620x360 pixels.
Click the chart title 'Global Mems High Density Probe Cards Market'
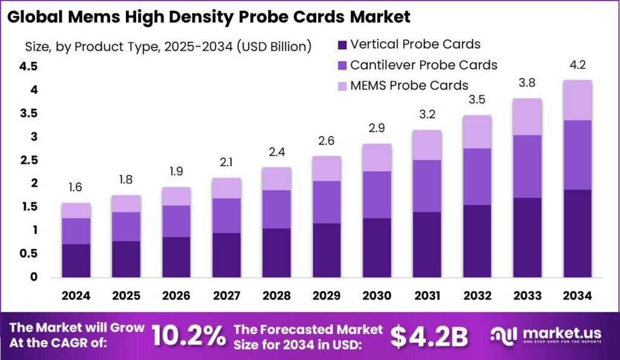209,16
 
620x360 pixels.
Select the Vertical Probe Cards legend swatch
341,44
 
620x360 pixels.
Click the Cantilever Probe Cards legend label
423,65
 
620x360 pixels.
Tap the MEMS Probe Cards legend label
409,85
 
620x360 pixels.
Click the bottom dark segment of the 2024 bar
76,260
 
